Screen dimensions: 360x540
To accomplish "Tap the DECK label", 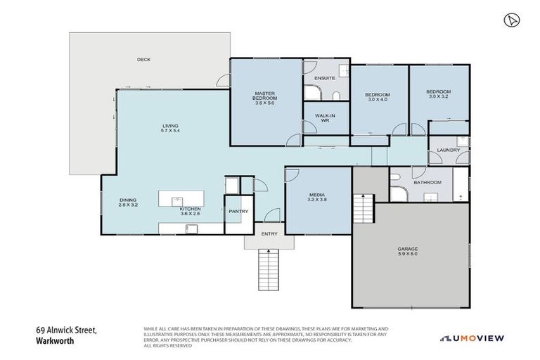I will (x=143, y=60).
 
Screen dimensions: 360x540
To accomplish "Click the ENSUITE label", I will (x=324, y=78).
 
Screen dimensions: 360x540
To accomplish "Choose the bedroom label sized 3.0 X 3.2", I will (x=438, y=94).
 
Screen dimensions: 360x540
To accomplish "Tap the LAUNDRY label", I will (x=448, y=150).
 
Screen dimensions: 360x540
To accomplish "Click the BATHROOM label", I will (x=427, y=182).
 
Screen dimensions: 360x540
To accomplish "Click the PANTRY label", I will (x=233, y=210).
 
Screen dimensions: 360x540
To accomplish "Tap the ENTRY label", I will (x=269, y=233).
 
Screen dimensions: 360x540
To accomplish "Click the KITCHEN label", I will (x=191, y=210).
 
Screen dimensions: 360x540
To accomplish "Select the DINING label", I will (x=128, y=200).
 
